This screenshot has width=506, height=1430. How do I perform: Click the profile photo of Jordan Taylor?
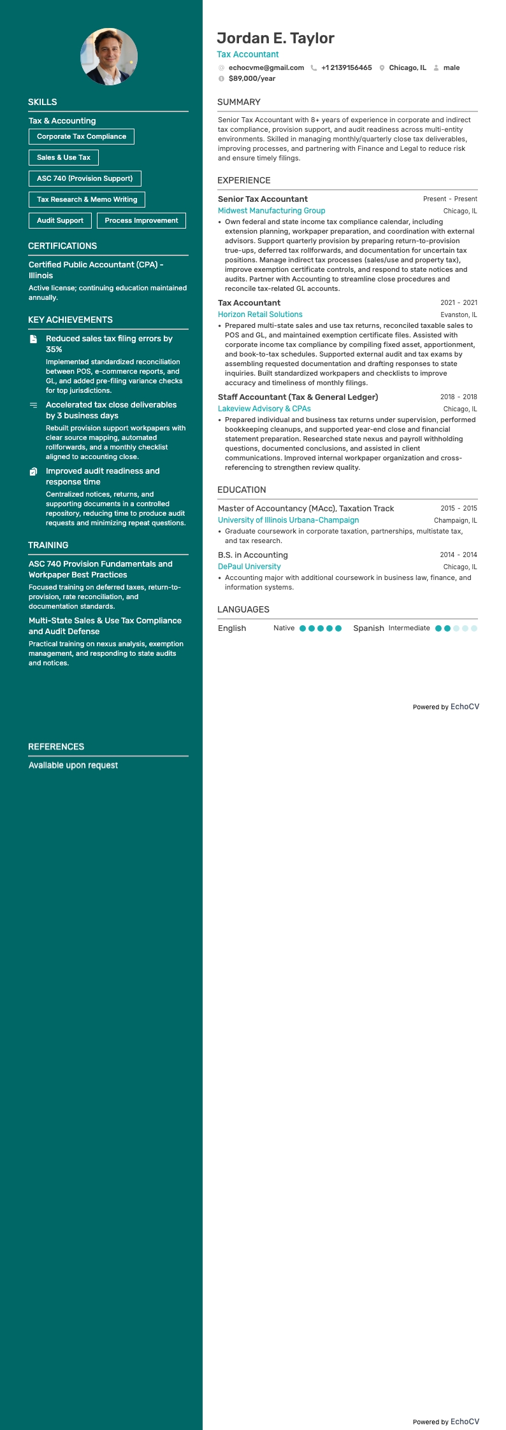[x=109, y=57]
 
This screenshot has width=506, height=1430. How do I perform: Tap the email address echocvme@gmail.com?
[x=266, y=67]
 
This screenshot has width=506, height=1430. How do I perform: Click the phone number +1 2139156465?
[x=346, y=67]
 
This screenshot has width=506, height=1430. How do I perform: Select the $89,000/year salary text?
[x=252, y=78]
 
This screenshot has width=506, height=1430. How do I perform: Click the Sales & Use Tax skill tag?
[x=64, y=157]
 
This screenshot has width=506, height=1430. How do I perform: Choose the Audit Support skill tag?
[x=60, y=220]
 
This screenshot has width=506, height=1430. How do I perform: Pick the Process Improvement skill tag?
[x=141, y=220]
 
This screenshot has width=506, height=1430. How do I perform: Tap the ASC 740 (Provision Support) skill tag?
[x=85, y=178]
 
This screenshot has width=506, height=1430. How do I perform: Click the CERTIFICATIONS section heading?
[x=62, y=246]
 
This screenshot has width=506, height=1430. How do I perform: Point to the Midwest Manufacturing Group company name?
[x=271, y=211]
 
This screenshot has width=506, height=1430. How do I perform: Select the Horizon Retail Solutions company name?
[x=260, y=315]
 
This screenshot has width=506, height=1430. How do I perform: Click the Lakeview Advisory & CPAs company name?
[x=264, y=409]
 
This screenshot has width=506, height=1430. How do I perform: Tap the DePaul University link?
[x=249, y=567]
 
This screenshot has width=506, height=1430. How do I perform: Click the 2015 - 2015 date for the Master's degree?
[x=458, y=508]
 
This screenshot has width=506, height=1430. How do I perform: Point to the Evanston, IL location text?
[x=458, y=315]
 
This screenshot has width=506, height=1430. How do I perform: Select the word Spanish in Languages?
[x=368, y=628]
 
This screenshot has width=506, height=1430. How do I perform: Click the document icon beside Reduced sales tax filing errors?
[x=34, y=339]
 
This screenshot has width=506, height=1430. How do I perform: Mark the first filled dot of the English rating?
[x=303, y=628]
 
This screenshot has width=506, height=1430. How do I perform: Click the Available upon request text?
[x=73, y=765]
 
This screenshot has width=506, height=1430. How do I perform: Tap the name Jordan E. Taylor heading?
[x=275, y=38]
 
